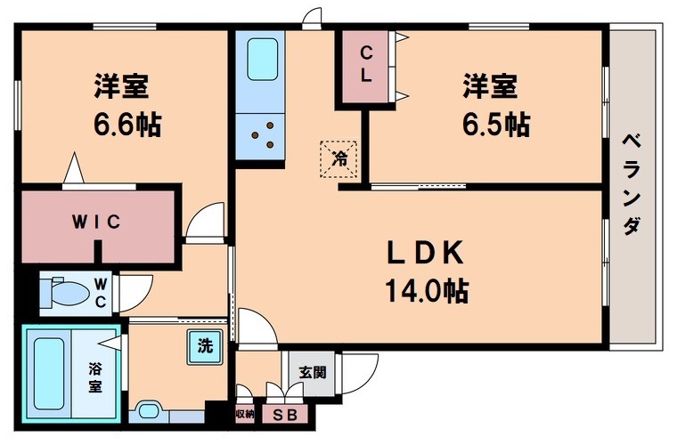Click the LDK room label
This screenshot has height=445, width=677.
click(x=425, y=254)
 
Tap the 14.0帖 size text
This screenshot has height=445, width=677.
click(x=427, y=290)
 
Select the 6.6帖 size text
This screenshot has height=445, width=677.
click(x=127, y=125)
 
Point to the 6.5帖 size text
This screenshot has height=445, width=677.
click(x=495, y=125)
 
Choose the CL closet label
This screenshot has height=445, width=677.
click(x=365, y=65)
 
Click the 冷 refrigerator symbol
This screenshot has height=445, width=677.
click(x=339, y=159)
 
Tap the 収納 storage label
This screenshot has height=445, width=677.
click(x=245, y=415)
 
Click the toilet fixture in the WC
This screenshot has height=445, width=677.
click(x=66, y=290)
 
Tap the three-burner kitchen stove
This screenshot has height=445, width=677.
click(x=261, y=136)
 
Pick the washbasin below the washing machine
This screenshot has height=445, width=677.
click(x=147, y=412)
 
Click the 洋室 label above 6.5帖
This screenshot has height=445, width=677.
click(x=489, y=87)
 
